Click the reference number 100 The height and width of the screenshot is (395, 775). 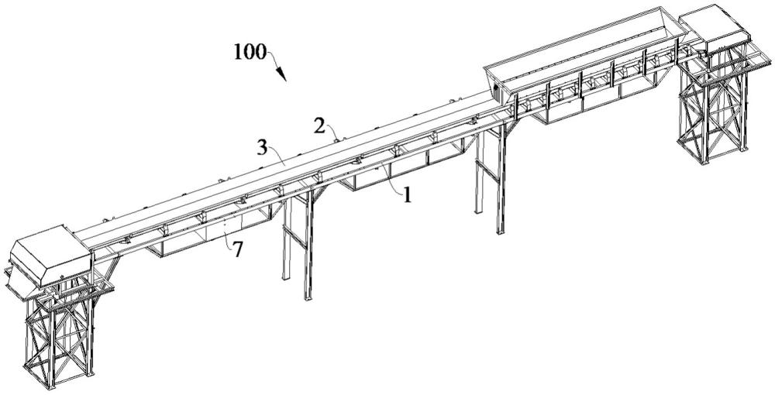[250, 52]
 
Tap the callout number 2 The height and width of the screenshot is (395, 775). [320, 127]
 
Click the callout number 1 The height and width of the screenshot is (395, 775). [408, 196]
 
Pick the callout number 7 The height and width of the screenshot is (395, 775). [238, 250]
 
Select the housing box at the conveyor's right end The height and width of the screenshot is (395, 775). [715, 28]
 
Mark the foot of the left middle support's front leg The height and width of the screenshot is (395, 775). [308, 297]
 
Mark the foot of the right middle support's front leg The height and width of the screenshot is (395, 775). [500, 231]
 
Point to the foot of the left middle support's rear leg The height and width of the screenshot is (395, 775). [285, 277]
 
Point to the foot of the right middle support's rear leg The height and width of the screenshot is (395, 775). [478, 211]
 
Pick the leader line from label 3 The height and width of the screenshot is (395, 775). [277, 159]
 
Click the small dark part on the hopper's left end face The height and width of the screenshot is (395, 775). [496, 89]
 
